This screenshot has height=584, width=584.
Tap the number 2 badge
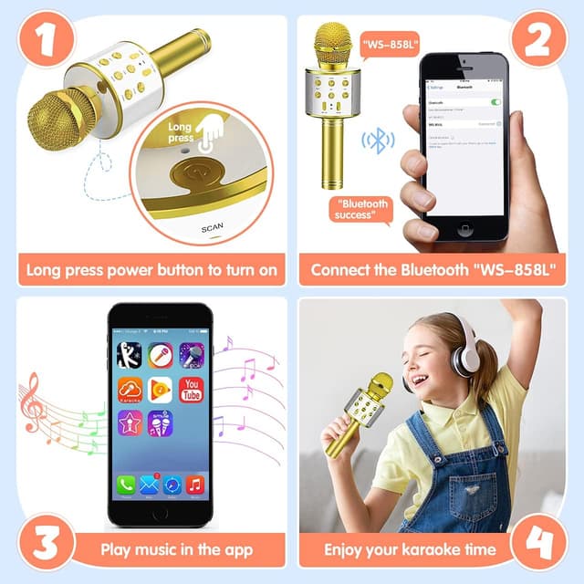coord(540,41)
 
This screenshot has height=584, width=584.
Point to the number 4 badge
coord(543,542)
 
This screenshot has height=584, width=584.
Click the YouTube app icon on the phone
coord(191,391)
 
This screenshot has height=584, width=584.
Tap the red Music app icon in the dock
coord(194,485)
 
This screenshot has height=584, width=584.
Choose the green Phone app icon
coord(125,485)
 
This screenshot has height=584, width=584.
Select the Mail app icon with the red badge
coord(149,485)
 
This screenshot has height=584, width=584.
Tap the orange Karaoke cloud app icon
coord(129,391)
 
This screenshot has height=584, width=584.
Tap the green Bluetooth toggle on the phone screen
coord(496,102)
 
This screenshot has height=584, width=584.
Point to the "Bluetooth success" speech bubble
coord(362,209)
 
